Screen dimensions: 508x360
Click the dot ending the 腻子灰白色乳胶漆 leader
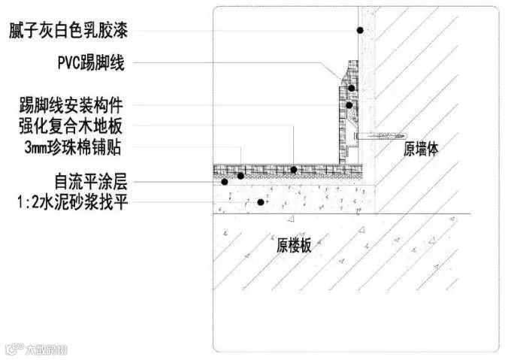pos(361,30)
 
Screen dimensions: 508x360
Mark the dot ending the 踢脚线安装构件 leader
pos(349,104)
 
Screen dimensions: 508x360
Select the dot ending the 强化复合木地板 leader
pos(294,169)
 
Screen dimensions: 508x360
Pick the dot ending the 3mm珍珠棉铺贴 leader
pos(240,176)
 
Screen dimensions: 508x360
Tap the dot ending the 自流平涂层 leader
pos(223,181)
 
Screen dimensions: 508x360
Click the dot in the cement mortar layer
pos(261,201)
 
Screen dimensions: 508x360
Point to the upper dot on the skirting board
pos(351,89)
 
